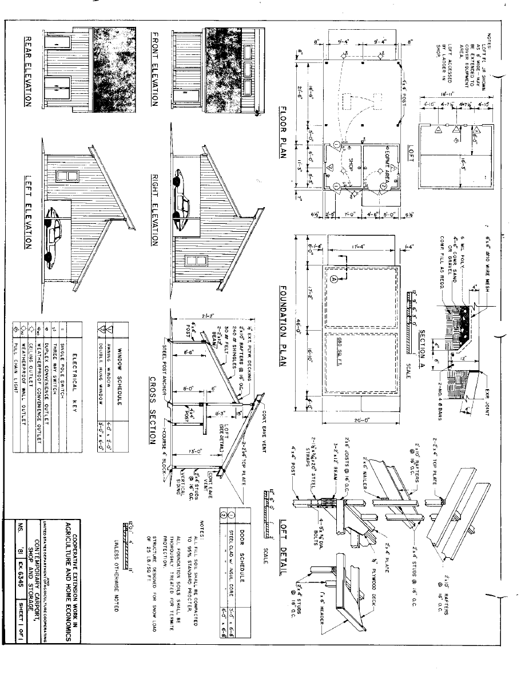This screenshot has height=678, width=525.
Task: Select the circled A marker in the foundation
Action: (x=335, y=279)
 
